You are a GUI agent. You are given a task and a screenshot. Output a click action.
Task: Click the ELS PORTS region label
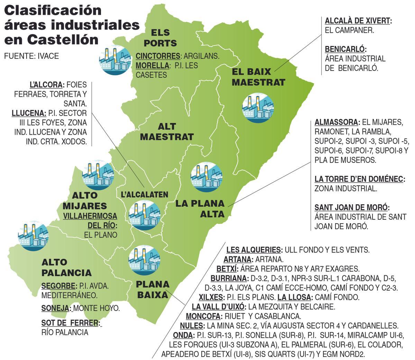(160, 38)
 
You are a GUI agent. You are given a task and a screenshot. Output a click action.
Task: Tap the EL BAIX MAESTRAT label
(258, 77)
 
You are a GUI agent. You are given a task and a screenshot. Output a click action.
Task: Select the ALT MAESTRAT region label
(167, 131)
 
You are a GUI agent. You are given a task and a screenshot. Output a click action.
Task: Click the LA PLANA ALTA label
(200, 208)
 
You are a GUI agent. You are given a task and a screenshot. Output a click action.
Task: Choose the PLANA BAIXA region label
(153, 289)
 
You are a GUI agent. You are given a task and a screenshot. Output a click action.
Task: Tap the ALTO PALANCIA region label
(66, 267)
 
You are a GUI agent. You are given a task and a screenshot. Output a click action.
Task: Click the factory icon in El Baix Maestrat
(258, 108)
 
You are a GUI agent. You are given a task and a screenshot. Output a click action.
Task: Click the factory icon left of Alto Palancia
(33, 235)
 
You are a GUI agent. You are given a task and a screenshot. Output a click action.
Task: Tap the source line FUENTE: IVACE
(31, 56)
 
